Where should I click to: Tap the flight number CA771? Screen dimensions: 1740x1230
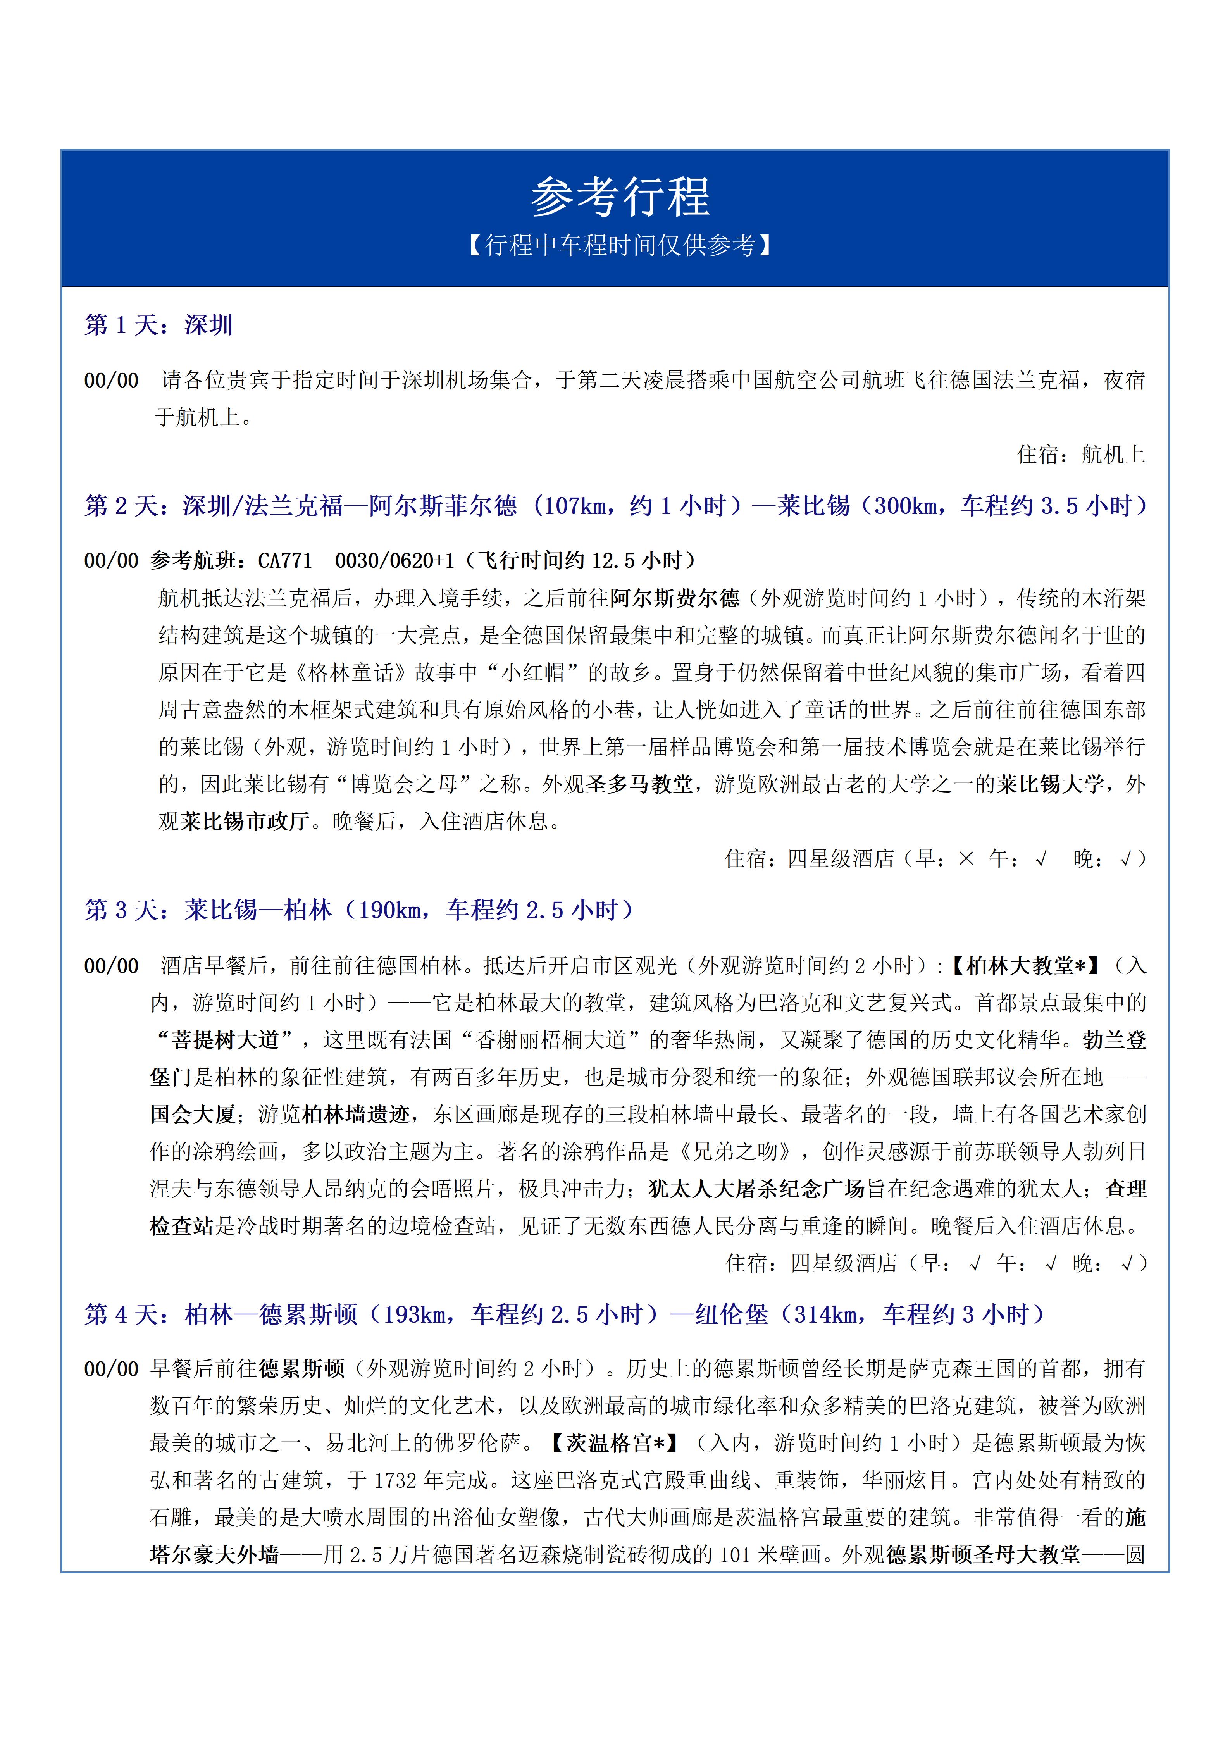click(285, 561)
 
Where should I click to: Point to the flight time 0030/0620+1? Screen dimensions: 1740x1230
click(394, 561)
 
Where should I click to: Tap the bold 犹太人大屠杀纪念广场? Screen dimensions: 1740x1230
click(756, 1188)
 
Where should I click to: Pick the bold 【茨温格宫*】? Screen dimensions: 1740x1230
click(612, 1443)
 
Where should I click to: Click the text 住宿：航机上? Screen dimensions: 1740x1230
click(1080, 455)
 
